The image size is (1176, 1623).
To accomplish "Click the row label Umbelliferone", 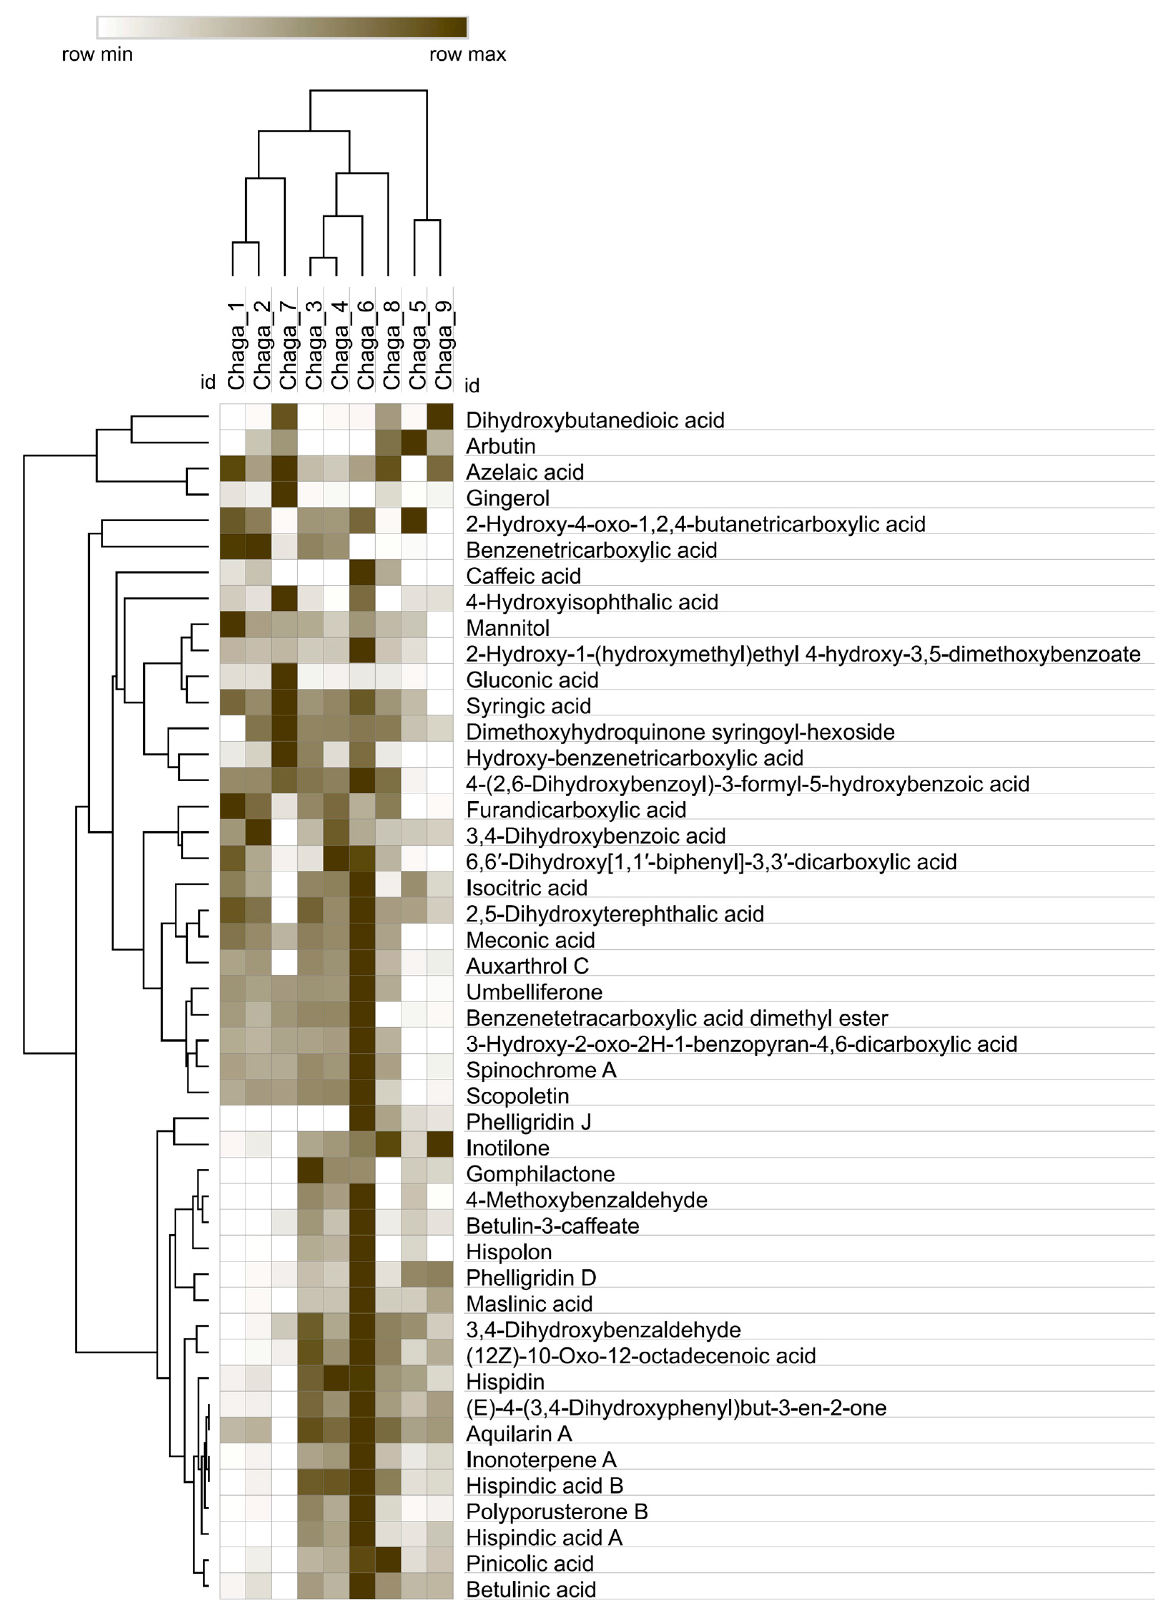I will pos(534,992).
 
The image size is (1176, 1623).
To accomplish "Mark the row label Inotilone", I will pos(507,1148).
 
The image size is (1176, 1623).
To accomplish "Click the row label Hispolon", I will pos(509,1251).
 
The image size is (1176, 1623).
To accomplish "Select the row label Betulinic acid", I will pos(531,1589).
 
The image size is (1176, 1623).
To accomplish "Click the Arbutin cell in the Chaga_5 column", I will pos(414,446).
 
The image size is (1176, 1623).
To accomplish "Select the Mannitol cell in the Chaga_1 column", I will pos(232,628).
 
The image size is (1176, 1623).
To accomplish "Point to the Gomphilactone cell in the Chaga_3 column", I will pos(311,1174).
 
